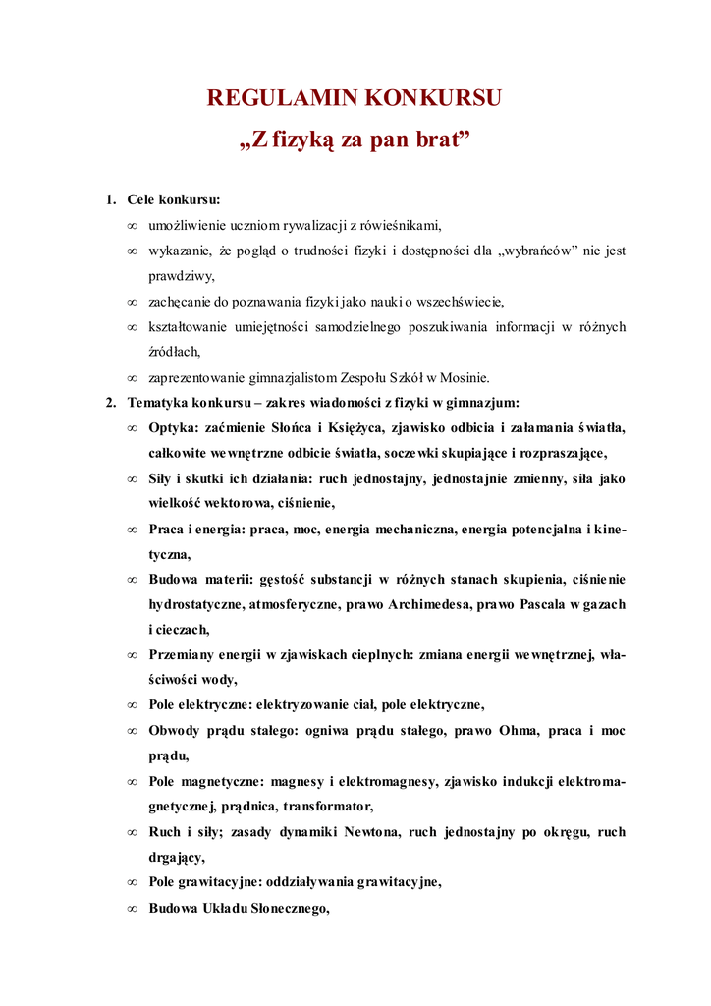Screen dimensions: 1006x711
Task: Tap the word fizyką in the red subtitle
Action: (x=303, y=140)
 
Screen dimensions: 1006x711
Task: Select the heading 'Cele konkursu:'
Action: (x=174, y=199)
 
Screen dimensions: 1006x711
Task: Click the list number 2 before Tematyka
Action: (x=110, y=402)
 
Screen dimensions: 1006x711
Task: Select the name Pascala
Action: (x=534, y=604)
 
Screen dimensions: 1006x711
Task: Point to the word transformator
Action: (x=328, y=807)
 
